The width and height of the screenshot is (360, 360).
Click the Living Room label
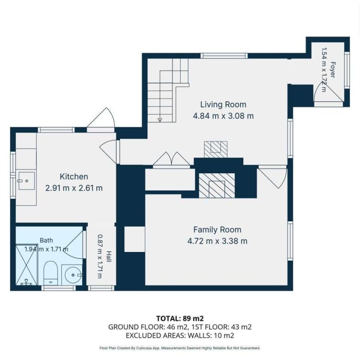(x=223, y=105)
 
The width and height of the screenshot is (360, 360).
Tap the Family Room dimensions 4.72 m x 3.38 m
(x=217, y=241)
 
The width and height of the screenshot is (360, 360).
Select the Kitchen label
(x=74, y=177)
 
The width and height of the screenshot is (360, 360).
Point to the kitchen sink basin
(x=26, y=181)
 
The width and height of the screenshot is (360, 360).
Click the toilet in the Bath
(x=50, y=273)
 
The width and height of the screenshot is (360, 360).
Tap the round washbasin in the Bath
(x=72, y=275)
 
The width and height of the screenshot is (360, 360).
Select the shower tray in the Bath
(x=26, y=264)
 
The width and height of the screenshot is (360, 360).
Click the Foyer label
(x=333, y=70)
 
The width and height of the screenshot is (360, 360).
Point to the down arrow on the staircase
(x=160, y=120)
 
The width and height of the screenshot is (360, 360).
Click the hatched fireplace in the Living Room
(x=216, y=149)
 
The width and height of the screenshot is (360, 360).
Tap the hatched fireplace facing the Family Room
(x=217, y=185)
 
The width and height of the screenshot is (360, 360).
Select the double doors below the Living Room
(x=171, y=159)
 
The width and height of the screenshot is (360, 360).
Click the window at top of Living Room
(x=224, y=56)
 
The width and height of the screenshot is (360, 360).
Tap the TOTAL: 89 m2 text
(x=180, y=318)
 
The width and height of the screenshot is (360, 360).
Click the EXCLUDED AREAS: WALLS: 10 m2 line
(x=180, y=336)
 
